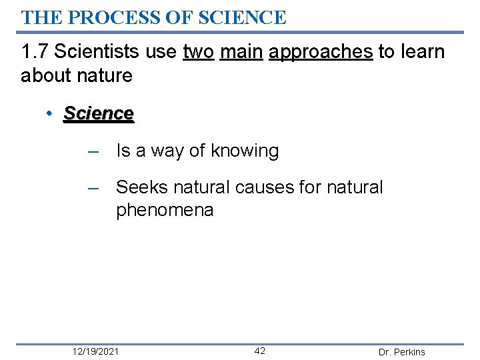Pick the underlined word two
pyautogui.click(x=198, y=51)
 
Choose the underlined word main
pyautogui.click(x=241, y=51)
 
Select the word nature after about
pyautogui.click(x=104, y=75)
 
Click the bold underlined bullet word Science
pyautogui.click(x=99, y=114)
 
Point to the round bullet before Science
pyautogui.click(x=50, y=114)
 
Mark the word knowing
pyautogui.click(x=245, y=151)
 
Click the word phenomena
pyautogui.click(x=165, y=211)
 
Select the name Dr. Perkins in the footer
pyautogui.click(x=401, y=352)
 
